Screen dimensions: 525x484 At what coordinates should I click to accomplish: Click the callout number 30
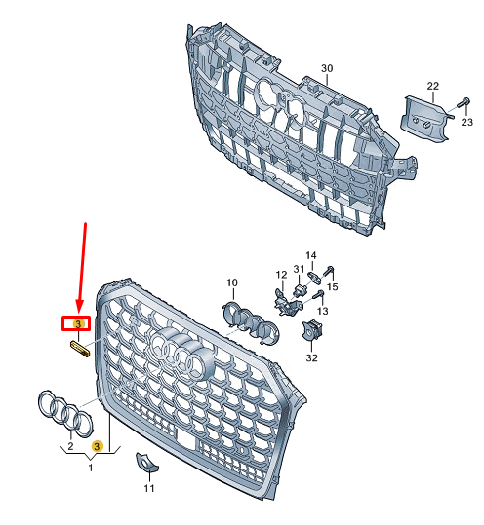[x=328, y=68]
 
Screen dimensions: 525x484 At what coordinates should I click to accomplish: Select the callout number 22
[x=432, y=87]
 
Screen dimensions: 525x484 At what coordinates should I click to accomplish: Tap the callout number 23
[x=465, y=123]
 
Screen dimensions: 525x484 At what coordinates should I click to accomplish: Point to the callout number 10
[x=232, y=283]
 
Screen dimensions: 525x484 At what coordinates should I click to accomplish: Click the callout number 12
[x=280, y=275]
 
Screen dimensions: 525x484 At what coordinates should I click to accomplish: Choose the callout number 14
[x=311, y=256]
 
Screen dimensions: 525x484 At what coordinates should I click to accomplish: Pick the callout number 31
[x=299, y=269]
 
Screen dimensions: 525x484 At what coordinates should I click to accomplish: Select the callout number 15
[x=333, y=288]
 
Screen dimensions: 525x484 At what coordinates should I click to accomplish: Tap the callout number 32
[x=311, y=358]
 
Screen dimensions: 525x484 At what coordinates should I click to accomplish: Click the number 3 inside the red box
[x=77, y=323]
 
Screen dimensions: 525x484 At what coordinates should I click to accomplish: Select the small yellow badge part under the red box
[x=79, y=348]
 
